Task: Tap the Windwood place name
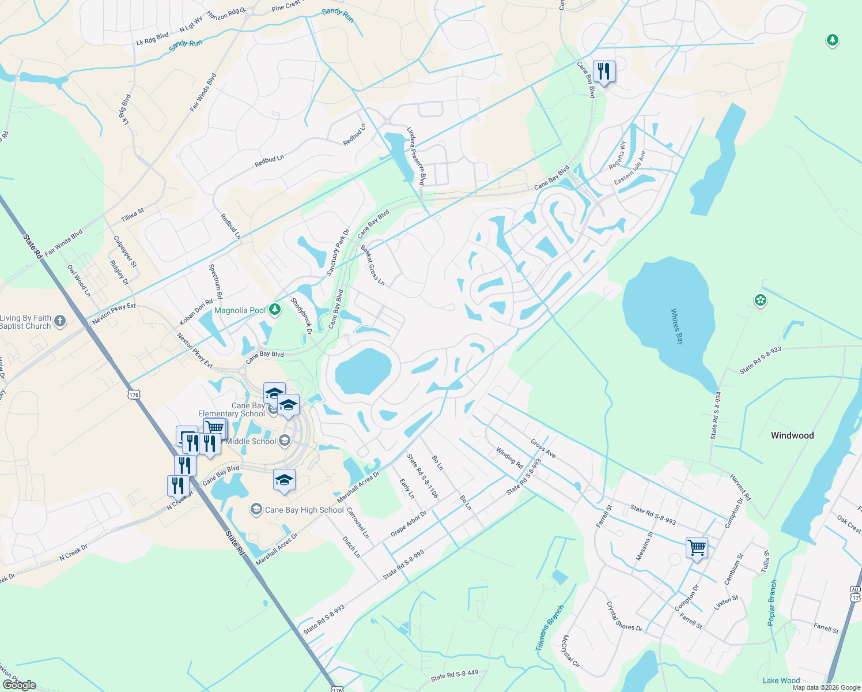(792, 435)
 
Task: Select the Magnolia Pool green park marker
(275, 310)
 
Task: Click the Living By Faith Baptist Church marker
(61, 321)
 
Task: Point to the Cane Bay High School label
(304, 510)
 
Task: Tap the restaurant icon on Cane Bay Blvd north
(604, 72)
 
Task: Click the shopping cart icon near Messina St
(697, 547)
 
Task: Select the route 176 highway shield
(134, 394)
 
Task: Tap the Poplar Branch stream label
(772, 603)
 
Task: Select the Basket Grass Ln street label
(372, 265)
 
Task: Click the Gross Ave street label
(543, 448)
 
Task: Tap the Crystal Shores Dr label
(624, 616)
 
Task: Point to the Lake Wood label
(781, 680)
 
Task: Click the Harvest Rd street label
(740, 487)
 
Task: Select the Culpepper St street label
(125, 251)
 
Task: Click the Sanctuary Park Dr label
(338, 253)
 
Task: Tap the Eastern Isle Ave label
(630, 168)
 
